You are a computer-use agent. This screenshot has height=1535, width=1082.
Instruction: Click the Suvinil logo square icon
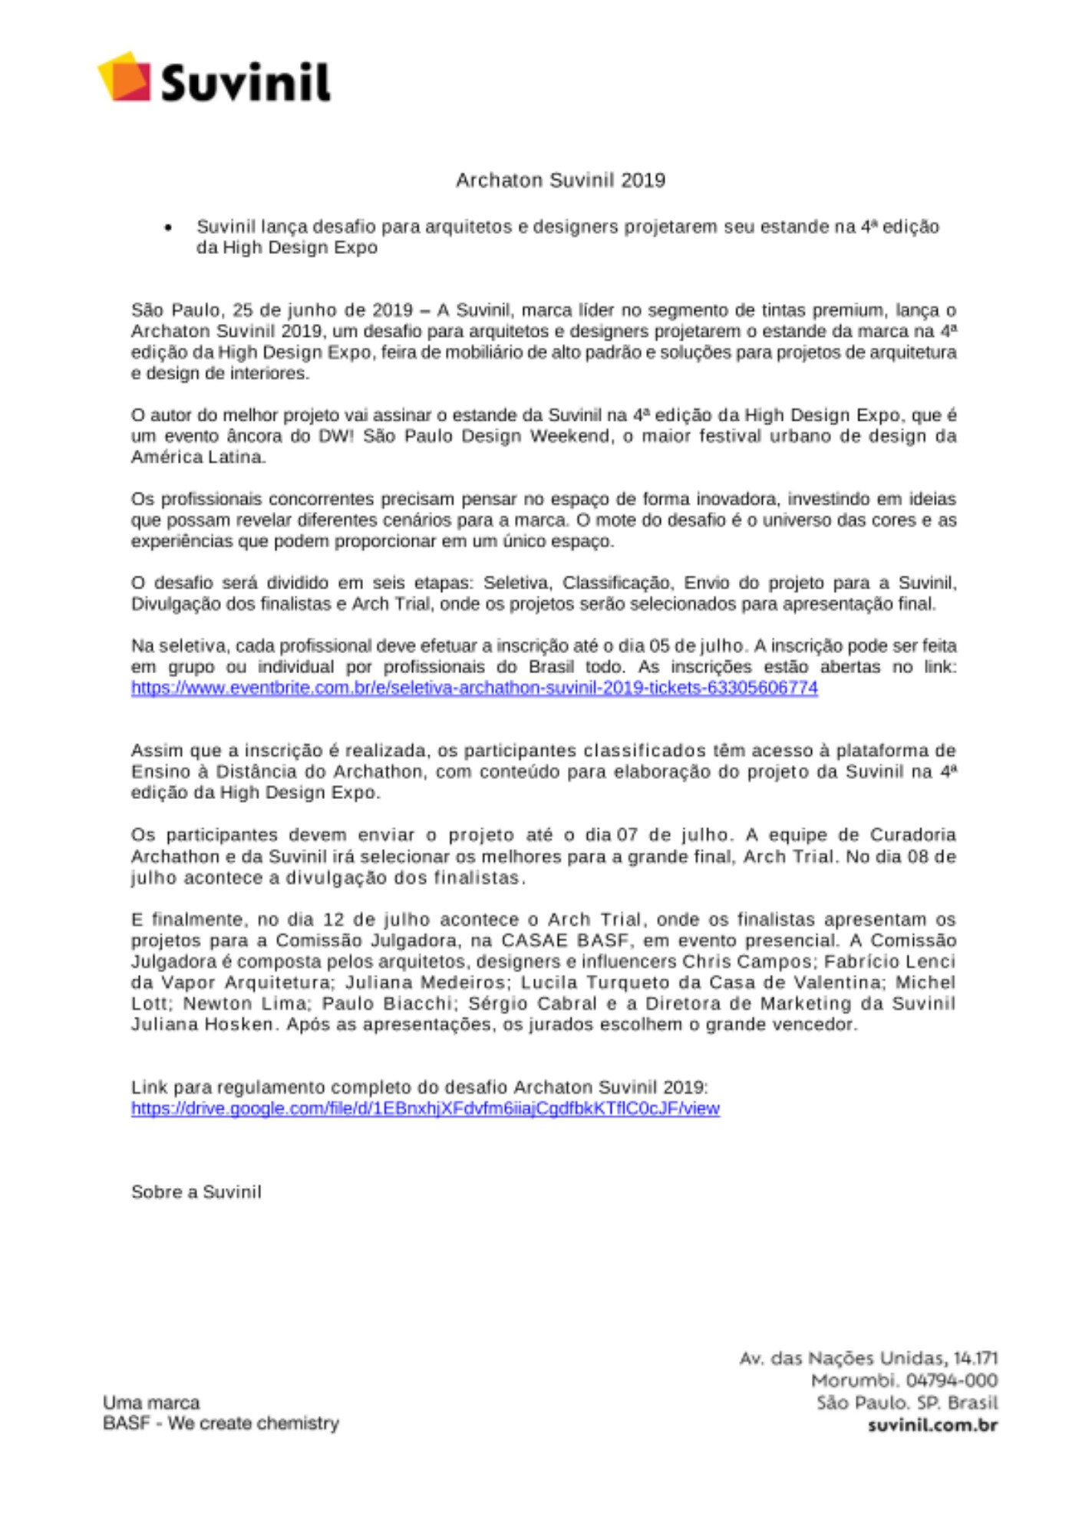pos(124,76)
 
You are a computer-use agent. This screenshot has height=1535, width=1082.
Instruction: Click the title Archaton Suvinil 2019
pos(560,180)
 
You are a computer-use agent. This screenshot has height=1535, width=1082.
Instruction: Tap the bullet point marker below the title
pos(168,228)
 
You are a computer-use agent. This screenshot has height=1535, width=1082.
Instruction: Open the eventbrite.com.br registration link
pos(474,688)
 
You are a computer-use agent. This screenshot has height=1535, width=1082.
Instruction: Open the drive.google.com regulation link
pos(425,1108)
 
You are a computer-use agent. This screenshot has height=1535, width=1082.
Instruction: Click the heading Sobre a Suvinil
pos(196,1192)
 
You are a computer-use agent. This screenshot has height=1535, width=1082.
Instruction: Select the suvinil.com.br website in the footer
pos(932,1425)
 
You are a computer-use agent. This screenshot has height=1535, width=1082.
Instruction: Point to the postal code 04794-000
pos(951,1381)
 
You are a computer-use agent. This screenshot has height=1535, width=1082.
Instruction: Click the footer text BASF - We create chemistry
pos(220,1423)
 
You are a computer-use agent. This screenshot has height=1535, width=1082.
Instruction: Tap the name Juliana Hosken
pos(202,1025)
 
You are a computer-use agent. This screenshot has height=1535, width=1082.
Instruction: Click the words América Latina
pos(198,457)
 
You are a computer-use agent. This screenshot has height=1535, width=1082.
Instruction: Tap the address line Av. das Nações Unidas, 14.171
pos(868,1358)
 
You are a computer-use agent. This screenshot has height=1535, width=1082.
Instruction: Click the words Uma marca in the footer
pos(151,1402)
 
